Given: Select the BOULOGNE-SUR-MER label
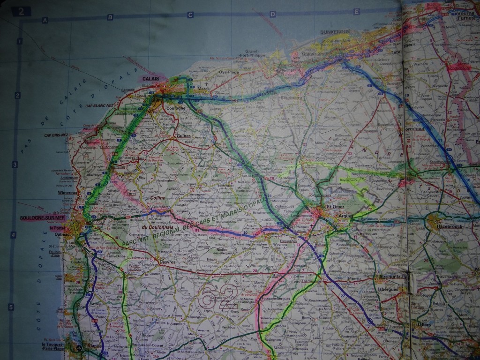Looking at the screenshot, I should pos(38,218).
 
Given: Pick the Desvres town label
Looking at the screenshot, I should pos(167,262).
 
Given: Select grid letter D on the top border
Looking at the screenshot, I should pos(272,15).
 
